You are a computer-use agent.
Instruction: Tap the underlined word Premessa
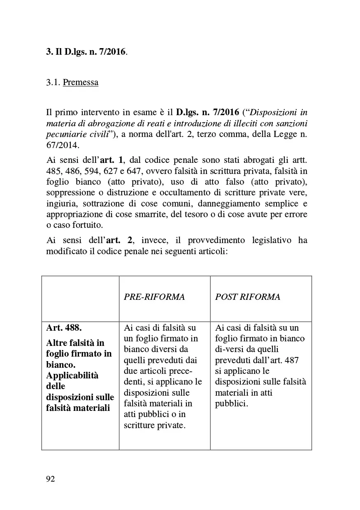coord(81,82)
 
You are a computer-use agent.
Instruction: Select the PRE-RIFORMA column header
coord(154,297)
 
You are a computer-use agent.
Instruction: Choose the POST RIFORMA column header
coord(248,297)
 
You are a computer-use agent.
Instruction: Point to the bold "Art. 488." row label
coord(64,328)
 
